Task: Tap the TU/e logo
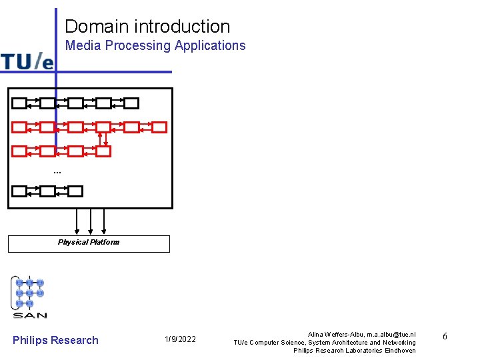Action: click(27, 61)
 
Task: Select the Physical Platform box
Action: click(89, 243)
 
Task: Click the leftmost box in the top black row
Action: click(19, 103)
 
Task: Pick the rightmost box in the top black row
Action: click(131, 103)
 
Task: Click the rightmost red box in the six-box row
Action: click(159, 127)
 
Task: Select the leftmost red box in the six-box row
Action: click(19, 127)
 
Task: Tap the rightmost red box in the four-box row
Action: click(103, 151)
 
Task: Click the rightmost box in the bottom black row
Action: click(75, 191)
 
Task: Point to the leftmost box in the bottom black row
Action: click(19, 191)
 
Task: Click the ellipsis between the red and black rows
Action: click(57, 173)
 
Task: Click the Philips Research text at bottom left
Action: click(55, 340)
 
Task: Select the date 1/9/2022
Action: click(180, 340)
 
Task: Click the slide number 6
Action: click(445, 337)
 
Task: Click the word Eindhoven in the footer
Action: click(400, 351)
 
